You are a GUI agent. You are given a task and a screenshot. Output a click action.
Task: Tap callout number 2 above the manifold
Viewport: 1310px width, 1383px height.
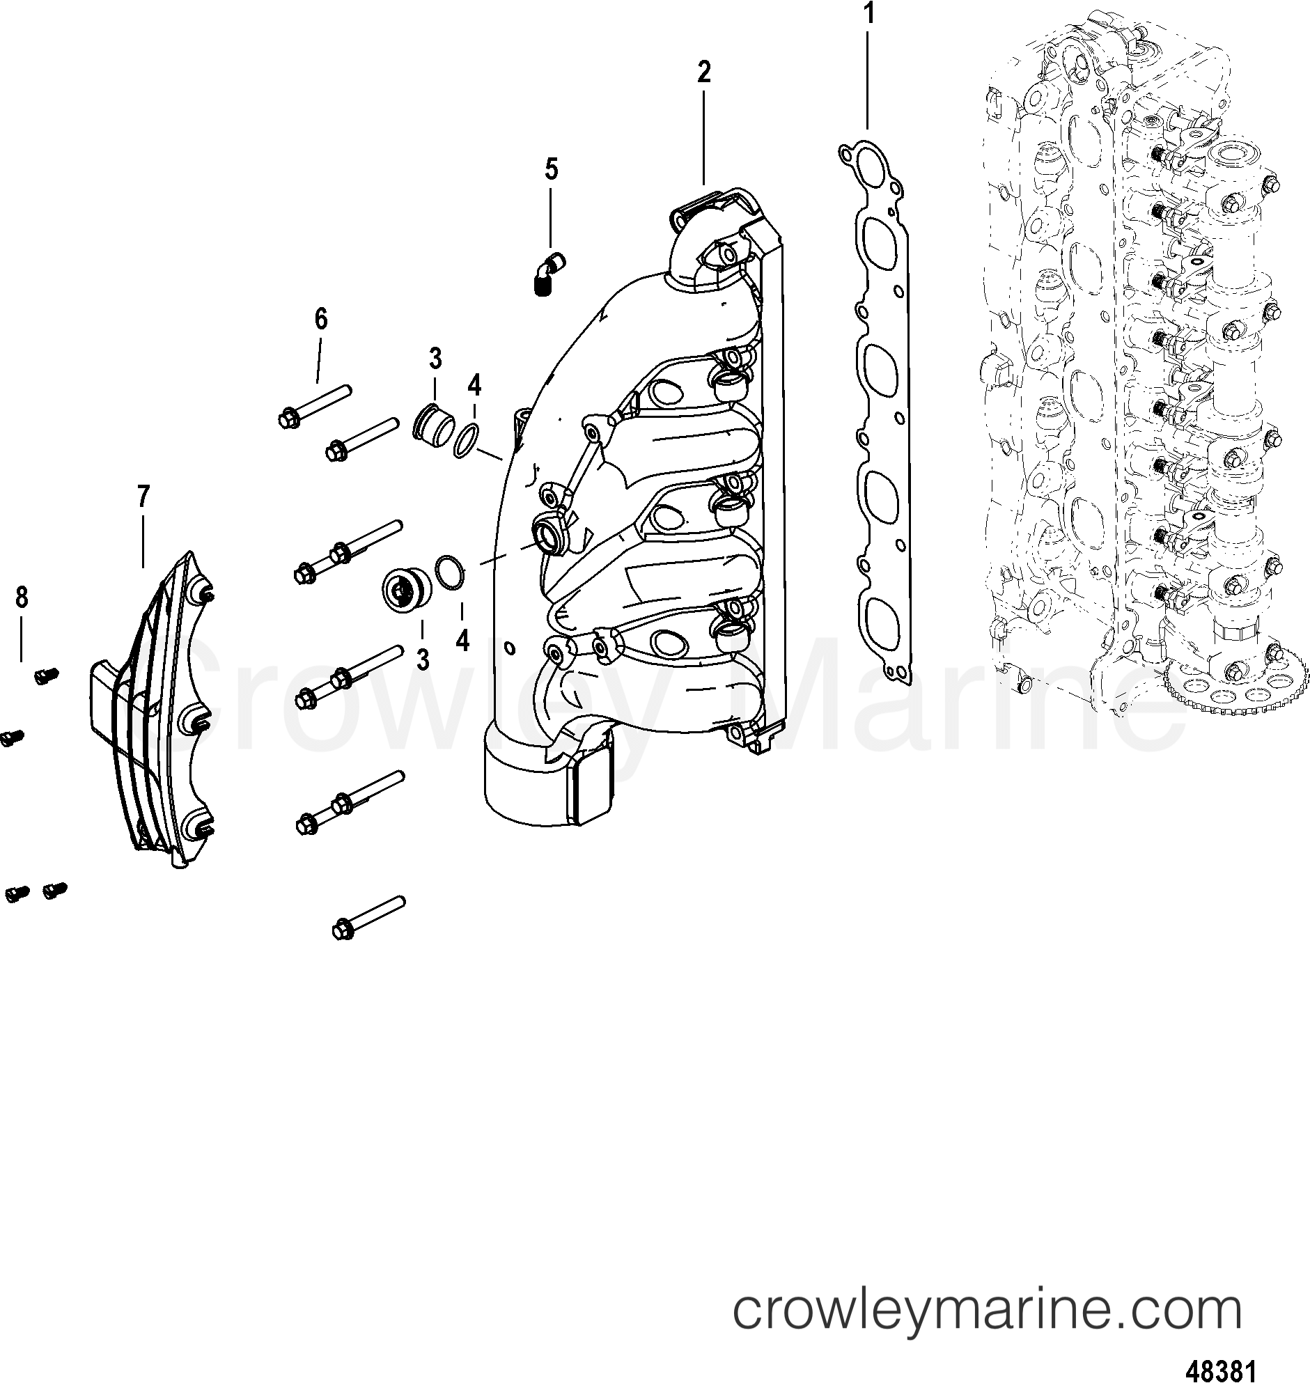click(x=703, y=72)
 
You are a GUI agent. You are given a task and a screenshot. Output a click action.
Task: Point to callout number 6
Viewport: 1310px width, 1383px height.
click(x=320, y=319)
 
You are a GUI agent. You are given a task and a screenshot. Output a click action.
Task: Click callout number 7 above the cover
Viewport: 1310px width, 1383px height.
click(x=143, y=497)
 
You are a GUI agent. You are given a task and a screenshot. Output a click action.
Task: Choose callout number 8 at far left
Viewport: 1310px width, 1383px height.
click(x=22, y=597)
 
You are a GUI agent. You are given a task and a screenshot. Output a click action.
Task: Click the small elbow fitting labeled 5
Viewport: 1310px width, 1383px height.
click(x=549, y=275)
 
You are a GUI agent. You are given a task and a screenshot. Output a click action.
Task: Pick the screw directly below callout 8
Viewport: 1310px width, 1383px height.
click(x=47, y=675)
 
